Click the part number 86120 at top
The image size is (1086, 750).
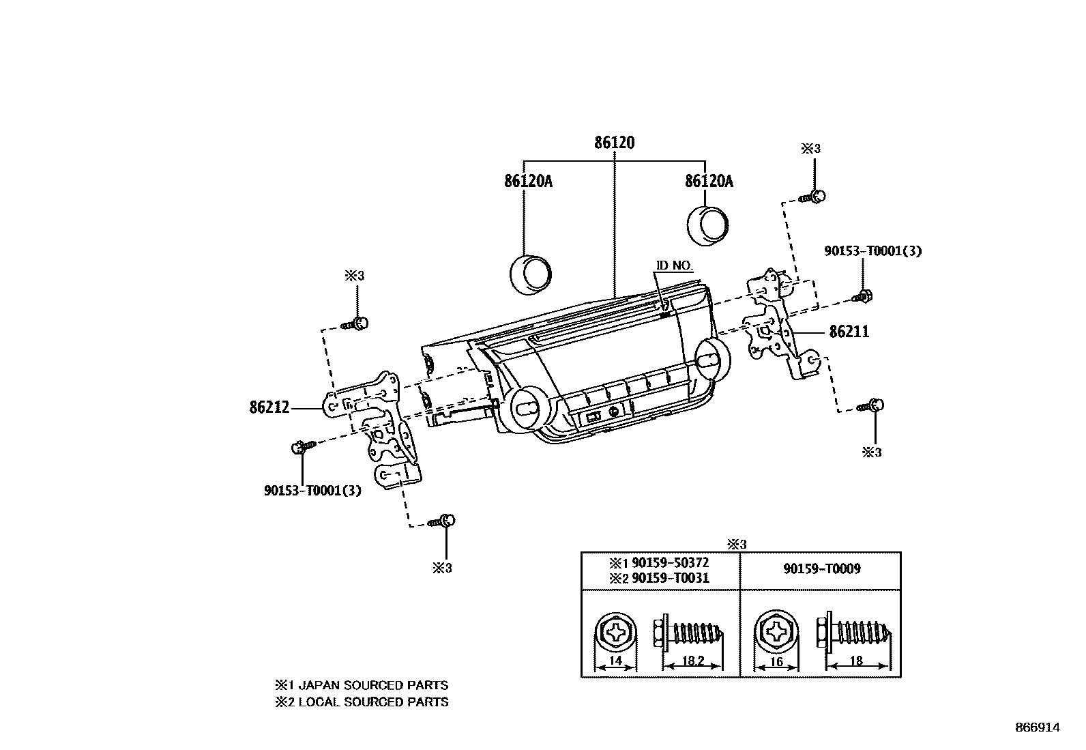coord(614,143)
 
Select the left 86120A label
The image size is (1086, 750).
coord(528,181)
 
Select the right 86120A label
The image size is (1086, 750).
coord(709,181)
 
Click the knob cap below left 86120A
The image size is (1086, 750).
coord(530,275)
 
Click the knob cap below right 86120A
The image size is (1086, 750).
coord(706,225)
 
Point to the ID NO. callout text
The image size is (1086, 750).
coord(674,265)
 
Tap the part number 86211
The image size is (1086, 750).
coord(849,332)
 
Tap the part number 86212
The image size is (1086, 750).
coord(269,408)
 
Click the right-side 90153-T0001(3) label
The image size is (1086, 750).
coord(872,251)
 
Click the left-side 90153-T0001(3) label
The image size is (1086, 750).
coord(312,490)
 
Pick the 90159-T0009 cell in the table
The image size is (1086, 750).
coord(821,568)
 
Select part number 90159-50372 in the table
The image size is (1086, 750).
coord(670,563)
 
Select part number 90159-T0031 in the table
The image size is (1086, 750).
coord(670,578)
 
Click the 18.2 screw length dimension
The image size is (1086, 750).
coord(692,661)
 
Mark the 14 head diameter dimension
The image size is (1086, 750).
coord(615,661)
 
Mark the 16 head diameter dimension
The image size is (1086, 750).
coord(776,661)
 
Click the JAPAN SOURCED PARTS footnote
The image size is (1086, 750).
coord(362,685)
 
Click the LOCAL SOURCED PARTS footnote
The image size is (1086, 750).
coord(362,702)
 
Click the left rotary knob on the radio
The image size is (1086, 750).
coord(526,409)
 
